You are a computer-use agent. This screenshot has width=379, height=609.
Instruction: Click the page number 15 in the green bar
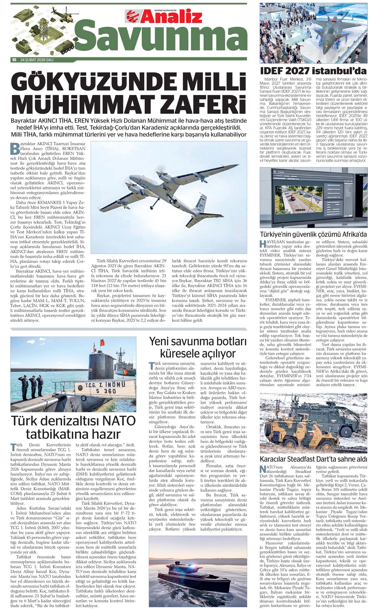(x=14, y=60)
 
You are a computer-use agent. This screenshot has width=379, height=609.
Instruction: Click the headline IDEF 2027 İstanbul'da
(x=313, y=71)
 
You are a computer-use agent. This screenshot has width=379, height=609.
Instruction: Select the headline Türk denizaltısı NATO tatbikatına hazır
(x=73, y=427)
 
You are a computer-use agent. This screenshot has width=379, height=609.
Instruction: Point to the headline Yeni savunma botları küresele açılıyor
(x=198, y=347)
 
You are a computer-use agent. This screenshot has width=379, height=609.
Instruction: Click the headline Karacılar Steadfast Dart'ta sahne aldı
(x=313, y=460)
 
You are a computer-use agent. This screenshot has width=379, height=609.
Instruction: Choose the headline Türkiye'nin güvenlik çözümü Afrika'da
(x=313, y=234)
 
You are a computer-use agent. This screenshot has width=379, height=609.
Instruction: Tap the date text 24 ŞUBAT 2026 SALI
(x=37, y=60)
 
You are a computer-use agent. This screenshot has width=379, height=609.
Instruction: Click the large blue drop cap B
(x=15, y=148)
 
